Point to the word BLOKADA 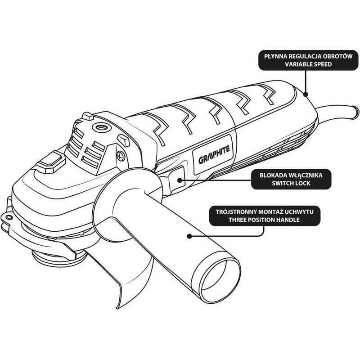265,175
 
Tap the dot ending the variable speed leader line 306,94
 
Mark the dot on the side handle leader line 190,235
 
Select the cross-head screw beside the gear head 120,156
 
